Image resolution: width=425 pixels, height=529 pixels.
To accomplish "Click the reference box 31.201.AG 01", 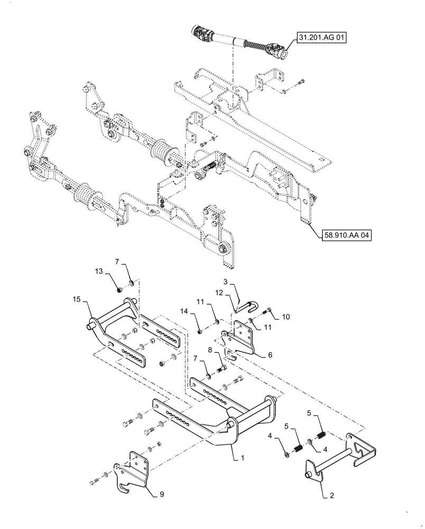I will point(321,38).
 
